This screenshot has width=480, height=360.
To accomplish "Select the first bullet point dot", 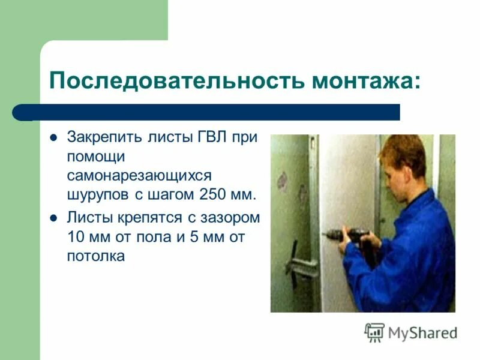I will tap(53, 137).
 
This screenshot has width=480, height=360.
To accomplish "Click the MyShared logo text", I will tap(422, 332).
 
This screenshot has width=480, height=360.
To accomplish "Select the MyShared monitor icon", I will tap(374, 332).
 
